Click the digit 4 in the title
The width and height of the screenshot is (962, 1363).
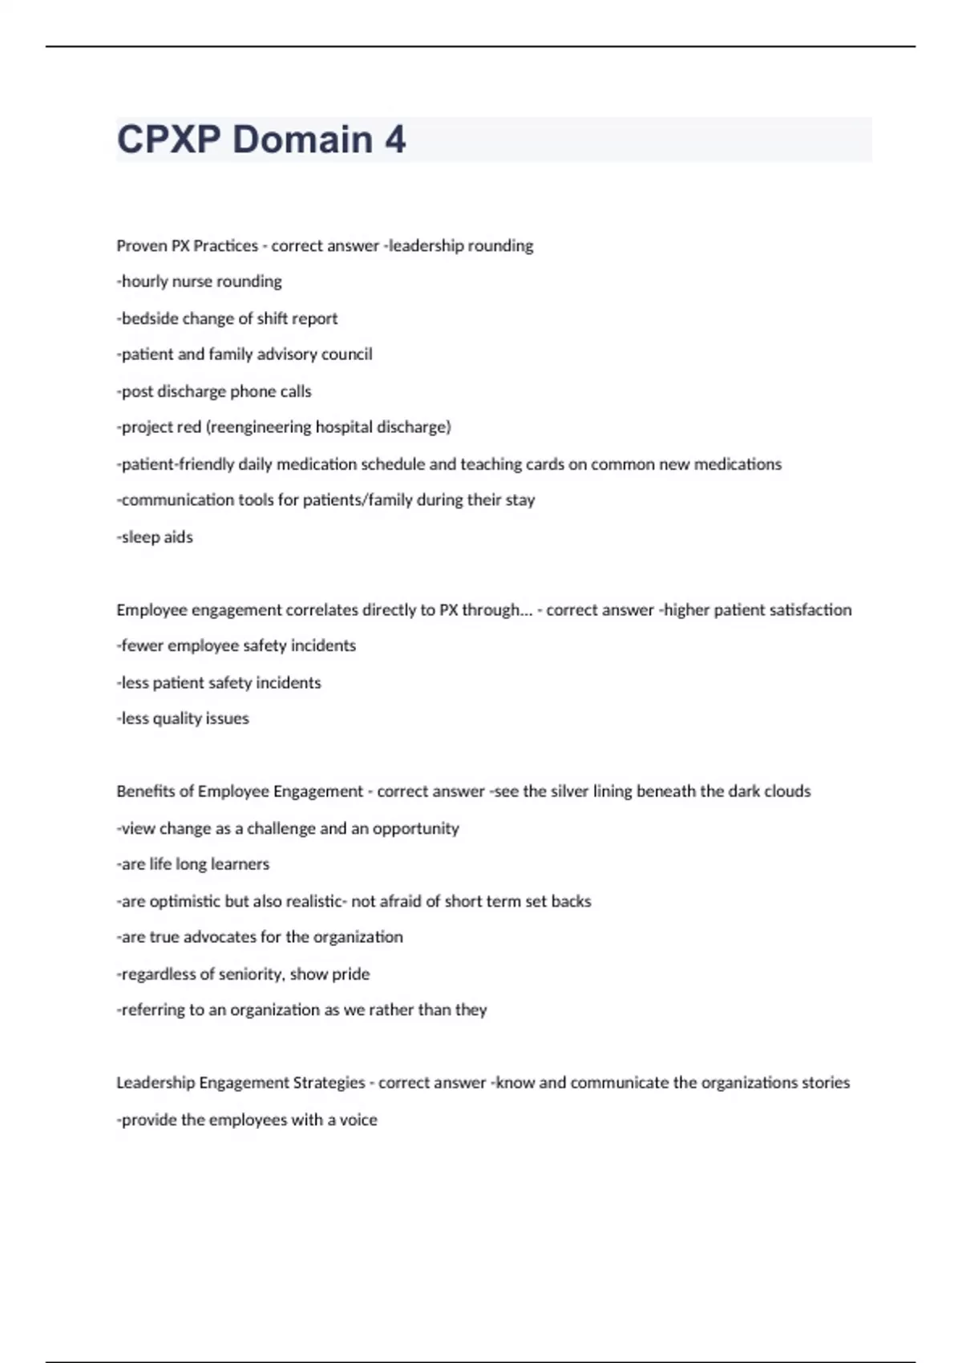(394, 140)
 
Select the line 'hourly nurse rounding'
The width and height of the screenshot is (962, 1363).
(200, 281)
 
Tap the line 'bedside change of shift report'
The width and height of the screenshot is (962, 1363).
(228, 318)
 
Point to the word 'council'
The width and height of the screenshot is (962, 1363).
(346, 354)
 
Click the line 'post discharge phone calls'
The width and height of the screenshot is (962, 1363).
(215, 391)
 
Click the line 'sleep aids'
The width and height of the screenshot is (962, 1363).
(156, 537)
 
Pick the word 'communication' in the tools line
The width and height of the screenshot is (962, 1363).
(177, 500)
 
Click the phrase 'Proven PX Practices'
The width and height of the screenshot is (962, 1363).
(187, 246)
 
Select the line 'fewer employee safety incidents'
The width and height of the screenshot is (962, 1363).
(236, 645)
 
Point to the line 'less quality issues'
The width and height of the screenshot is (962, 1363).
(184, 718)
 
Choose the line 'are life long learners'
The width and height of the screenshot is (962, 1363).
(194, 864)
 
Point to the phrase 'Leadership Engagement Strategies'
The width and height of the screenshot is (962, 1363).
(240, 1083)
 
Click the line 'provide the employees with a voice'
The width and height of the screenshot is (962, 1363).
(248, 1120)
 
